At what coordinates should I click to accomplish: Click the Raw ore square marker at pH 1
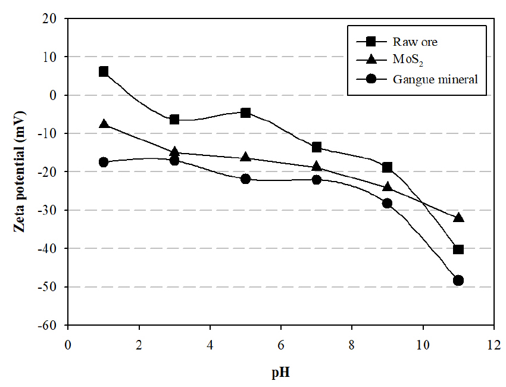[104, 71]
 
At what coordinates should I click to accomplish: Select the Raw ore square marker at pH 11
[458, 249]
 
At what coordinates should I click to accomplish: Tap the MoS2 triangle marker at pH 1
[104, 124]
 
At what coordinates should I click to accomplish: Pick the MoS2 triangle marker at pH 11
[458, 218]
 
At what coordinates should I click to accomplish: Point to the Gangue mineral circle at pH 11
[458, 280]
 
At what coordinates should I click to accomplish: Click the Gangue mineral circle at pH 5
[245, 179]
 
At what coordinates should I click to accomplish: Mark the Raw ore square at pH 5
[245, 113]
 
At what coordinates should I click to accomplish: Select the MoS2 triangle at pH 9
[388, 187]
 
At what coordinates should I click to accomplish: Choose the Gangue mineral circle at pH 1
[104, 162]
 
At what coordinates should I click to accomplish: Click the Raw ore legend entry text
[416, 42]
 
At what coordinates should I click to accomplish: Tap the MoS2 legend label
[407, 60]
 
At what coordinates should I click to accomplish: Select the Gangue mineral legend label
[435, 79]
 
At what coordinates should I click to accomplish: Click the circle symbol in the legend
[370, 79]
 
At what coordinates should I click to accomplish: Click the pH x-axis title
[280, 373]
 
